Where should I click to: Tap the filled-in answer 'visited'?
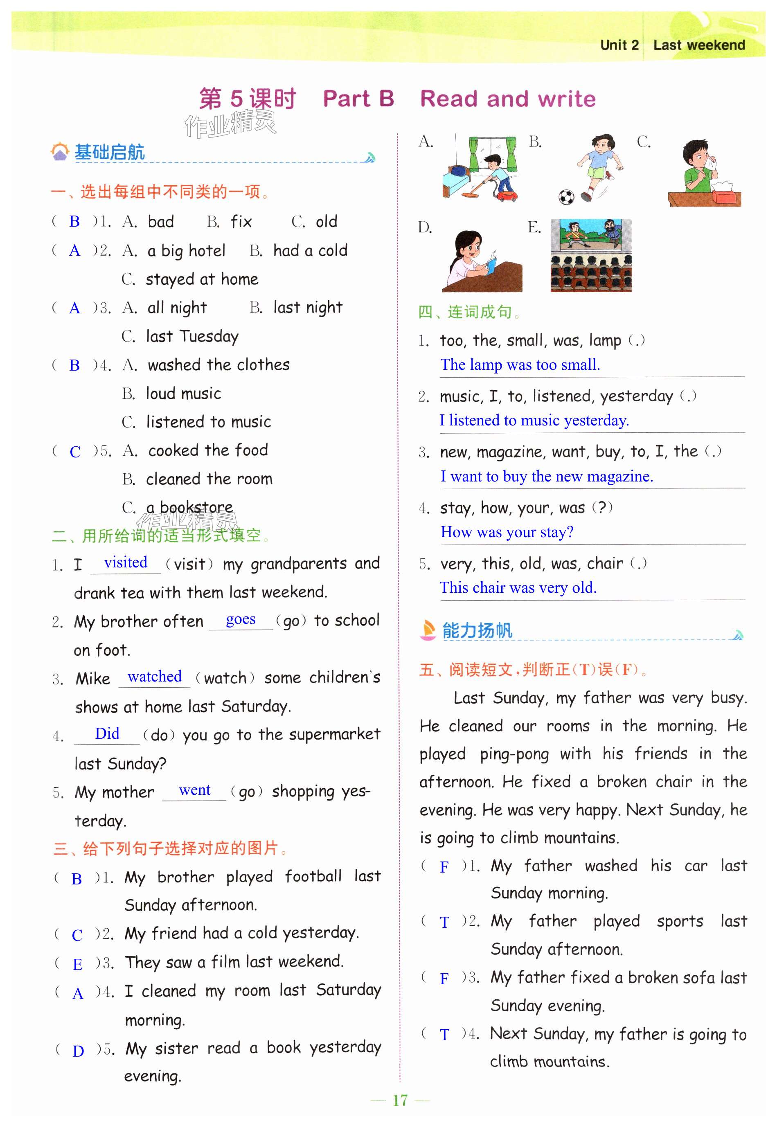[x=126, y=562]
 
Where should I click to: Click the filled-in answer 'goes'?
[x=241, y=619]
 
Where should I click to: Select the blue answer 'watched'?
[x=154, y=676]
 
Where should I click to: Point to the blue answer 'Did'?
[x=107, y=733]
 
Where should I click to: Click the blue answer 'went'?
[x=195, y=790]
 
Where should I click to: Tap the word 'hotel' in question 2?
[x=207, y=251]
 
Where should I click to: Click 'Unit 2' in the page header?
[x=619, y=45]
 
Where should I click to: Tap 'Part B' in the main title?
[x=358, y=99]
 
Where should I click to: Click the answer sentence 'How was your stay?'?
[x=507, y=532]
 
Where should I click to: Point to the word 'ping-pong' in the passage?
[x=514, y=754]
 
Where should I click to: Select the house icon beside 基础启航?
[x=60, y=152]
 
